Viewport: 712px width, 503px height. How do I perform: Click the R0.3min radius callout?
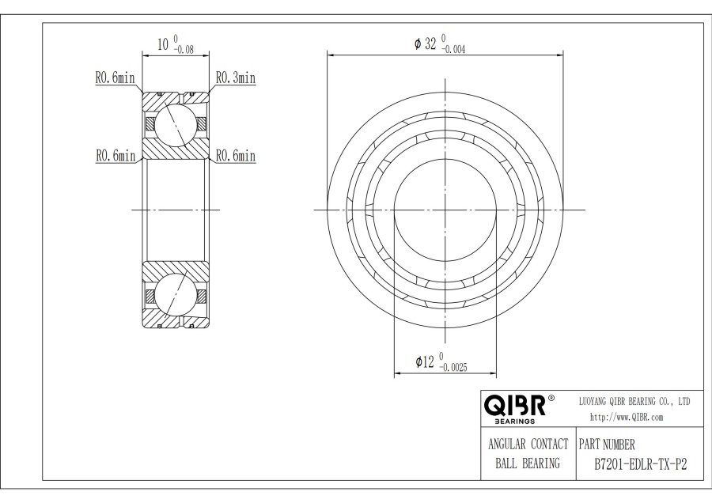(235, 78)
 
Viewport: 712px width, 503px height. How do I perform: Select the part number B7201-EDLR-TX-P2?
(634, 464)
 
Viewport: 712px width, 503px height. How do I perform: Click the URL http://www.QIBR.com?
(627, 417)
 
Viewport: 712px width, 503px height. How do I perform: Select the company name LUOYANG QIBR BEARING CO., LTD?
(635, 402)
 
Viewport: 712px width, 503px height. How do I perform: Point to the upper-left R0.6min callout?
(116, 78)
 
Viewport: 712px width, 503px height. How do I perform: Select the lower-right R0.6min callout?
(235, 157)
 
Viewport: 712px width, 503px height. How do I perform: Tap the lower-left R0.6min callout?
(116, 157)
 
